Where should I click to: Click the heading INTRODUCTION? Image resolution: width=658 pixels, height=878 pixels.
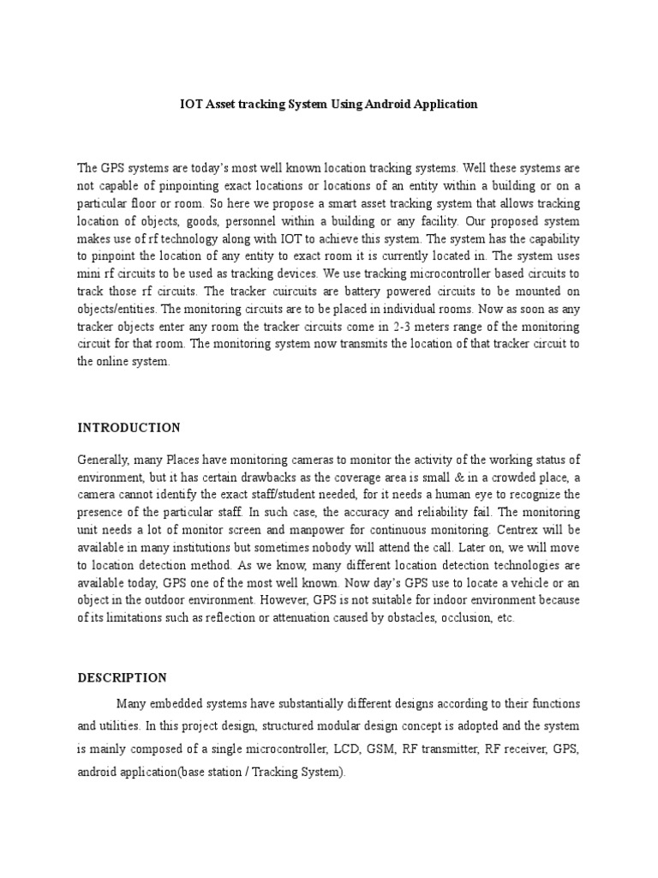pyautogui.click(x=129, y=427)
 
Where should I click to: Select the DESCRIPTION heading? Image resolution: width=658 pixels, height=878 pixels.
pyautogui.click(x=123, y=677)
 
